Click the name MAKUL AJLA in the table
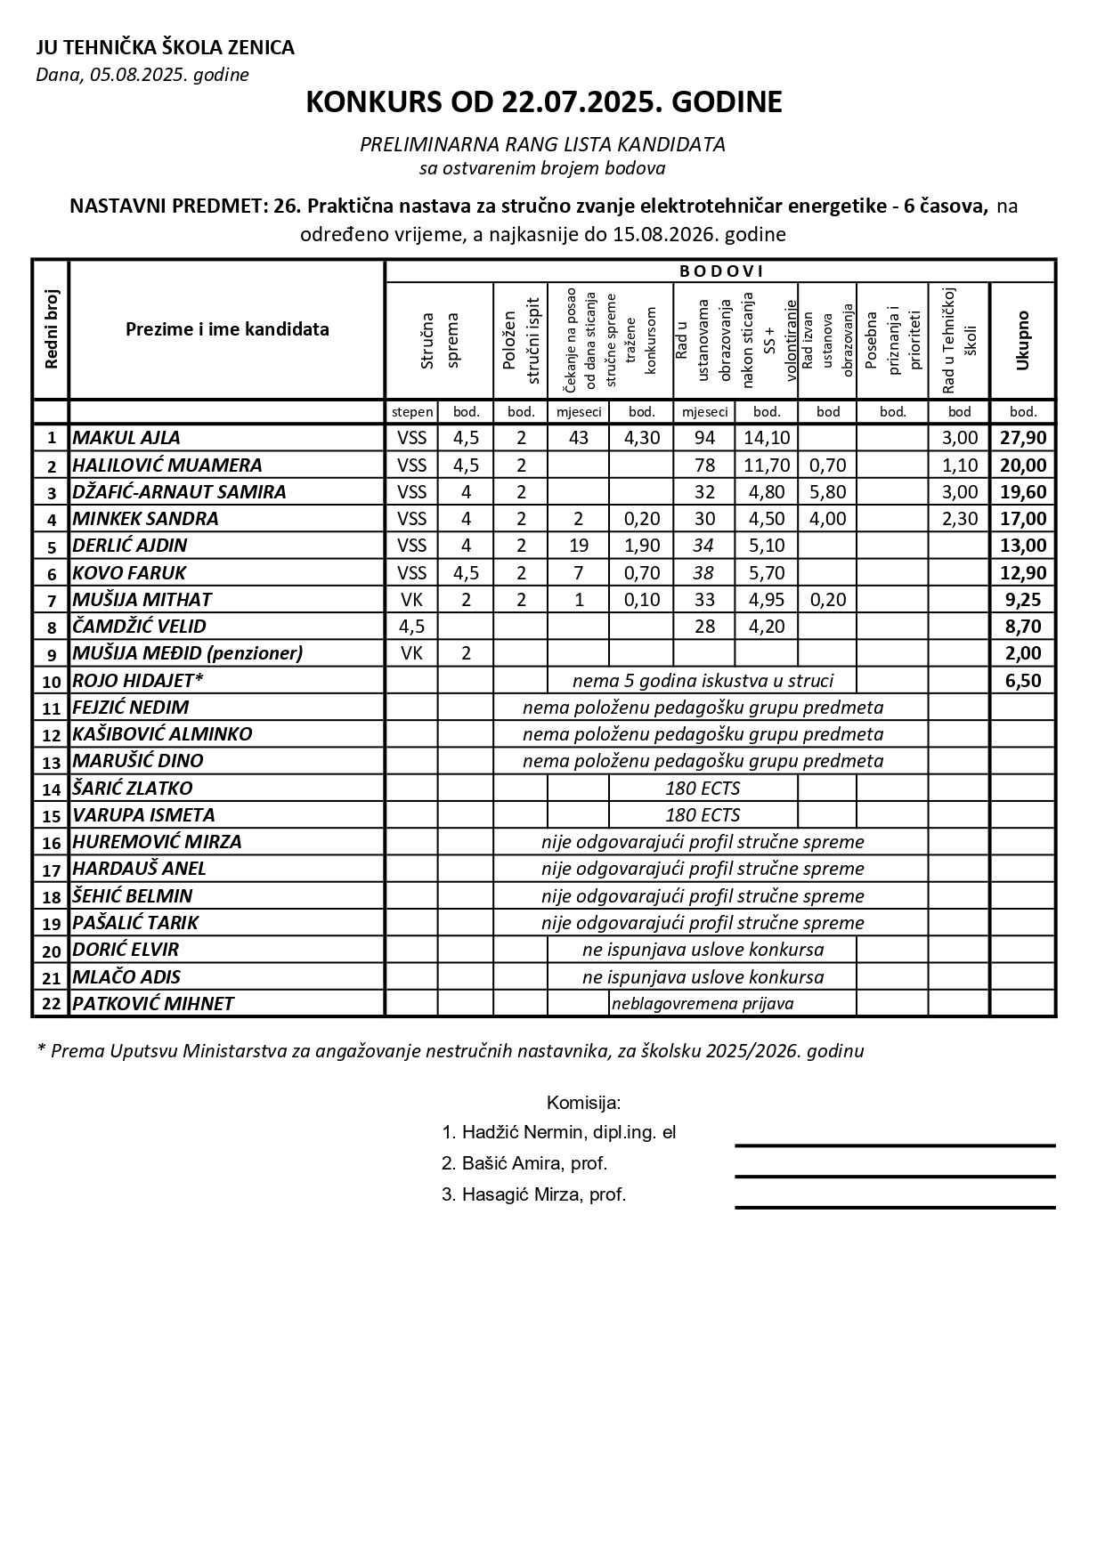click(x=126, y=438)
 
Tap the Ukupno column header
click(x=1022, y=340)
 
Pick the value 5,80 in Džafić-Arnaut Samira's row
click(x=827, y=492)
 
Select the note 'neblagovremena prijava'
click(x=703, y=1004)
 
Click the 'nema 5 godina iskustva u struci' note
click(x=703, y=681)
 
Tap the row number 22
click(x=51, y=1005)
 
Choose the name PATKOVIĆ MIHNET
click(x=153, y=1004)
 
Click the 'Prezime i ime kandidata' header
click(x=227, y=329)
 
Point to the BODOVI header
click(x=721, y=271)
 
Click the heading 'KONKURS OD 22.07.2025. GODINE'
click(x=543, y=102)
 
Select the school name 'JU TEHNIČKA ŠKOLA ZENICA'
click(x=165, y=48)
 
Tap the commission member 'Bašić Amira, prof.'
click(x=525, y=1163)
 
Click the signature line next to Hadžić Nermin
click(x=894, y=1145)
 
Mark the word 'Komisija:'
click(x=583, y=1104)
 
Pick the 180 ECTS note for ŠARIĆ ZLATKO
click(x=703, y=789)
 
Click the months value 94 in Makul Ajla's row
click(x=704, y=438)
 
